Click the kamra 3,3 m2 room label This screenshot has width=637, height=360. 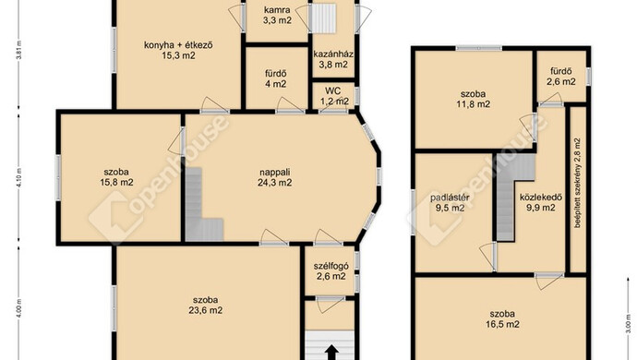(x=277, y=16)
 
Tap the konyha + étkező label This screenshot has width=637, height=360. (x=178, y=45)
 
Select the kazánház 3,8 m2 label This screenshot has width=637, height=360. (x=333, y=59)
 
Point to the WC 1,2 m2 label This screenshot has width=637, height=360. (x=333, y=96)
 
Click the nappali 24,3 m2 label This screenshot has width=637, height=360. (x=274, y=177)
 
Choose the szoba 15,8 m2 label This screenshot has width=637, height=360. (x=116, y=177)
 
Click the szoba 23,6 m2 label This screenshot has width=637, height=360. (x=206, y=305)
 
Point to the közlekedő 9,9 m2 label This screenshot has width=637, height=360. (x=541, y=203)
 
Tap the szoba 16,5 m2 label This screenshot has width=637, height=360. (x=502, y=319)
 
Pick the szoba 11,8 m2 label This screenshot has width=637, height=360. (x=474, y=99)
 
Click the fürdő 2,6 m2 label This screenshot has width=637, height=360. (x=561, y=77)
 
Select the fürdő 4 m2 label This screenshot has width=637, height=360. (x=276, y=78)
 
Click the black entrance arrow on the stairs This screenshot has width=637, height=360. (x=332, y=353)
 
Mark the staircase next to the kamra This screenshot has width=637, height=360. (x=322, y=18)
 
